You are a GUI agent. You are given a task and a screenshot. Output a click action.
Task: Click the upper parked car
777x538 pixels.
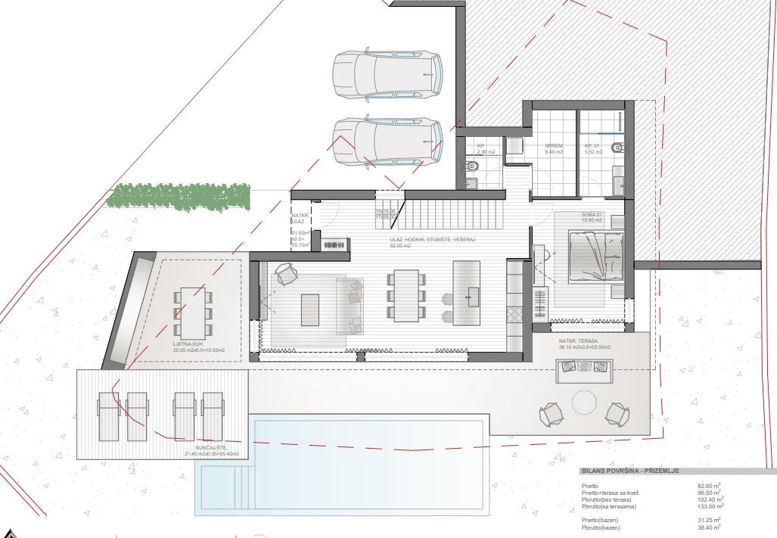(387, 74)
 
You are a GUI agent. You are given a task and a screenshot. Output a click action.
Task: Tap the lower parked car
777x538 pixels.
(387, 141)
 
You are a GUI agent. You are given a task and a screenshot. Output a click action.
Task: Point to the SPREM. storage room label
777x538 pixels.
(555, 148)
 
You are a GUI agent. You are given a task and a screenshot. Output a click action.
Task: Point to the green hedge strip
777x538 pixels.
(179, 196)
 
